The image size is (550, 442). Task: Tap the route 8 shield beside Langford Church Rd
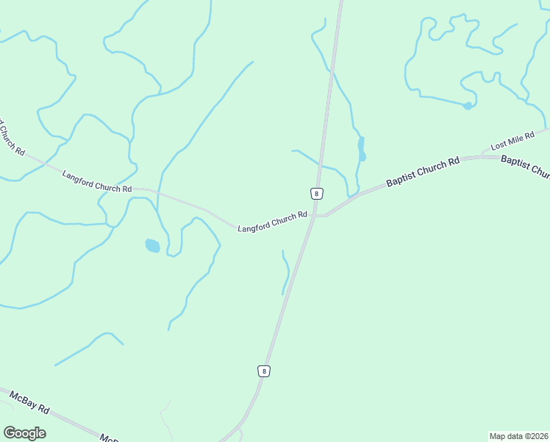[316, 193]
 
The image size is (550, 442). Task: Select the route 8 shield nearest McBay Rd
[264, 371]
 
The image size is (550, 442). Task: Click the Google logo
[24, 433]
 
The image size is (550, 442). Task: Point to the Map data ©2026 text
[519, 435]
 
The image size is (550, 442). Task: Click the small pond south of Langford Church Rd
[152, 245]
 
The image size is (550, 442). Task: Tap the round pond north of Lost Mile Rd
[468, 106]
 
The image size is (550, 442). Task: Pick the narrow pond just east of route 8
[361, 149]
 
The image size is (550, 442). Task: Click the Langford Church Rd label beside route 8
[272, 222]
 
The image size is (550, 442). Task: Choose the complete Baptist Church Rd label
[423, 170]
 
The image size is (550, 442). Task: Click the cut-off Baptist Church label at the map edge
[525, 166]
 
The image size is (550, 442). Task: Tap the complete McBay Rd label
[29, 402]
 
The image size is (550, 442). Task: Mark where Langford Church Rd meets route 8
[314, 216]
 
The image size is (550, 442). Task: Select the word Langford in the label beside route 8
[254, 226]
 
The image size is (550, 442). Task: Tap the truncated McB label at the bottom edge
[109, 438]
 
